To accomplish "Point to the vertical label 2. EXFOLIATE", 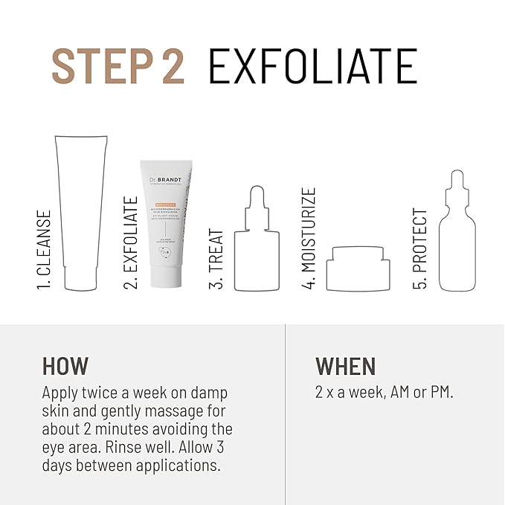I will pos(130,242).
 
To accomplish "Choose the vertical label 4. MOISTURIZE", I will pos(309,238).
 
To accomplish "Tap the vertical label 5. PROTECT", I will pos(420,248).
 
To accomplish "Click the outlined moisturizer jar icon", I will pos(359,268).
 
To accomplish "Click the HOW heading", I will pos(65,366).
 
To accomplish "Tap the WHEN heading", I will pos(345,366).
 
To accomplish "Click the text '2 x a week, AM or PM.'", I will pos(384,392).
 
